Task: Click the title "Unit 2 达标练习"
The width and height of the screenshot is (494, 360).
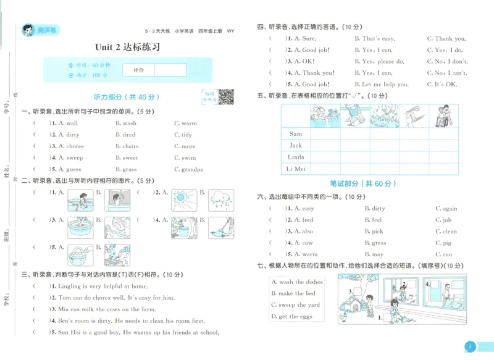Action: click(127, 47)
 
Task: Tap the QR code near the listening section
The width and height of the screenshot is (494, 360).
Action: click(226, 97)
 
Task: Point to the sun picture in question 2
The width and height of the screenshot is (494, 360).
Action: click(184, 198)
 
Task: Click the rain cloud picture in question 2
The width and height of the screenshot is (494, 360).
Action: click(220, 198)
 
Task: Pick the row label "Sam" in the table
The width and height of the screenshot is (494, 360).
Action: click(296, 134)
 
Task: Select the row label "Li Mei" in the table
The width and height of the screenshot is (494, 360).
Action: click(296, 169)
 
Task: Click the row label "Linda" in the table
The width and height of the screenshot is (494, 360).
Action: click(296, 157)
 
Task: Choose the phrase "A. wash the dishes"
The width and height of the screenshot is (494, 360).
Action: click(296, 282)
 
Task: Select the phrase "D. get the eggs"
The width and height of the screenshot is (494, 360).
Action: click(292, 316)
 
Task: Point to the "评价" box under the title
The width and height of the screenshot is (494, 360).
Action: click(138, 70)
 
